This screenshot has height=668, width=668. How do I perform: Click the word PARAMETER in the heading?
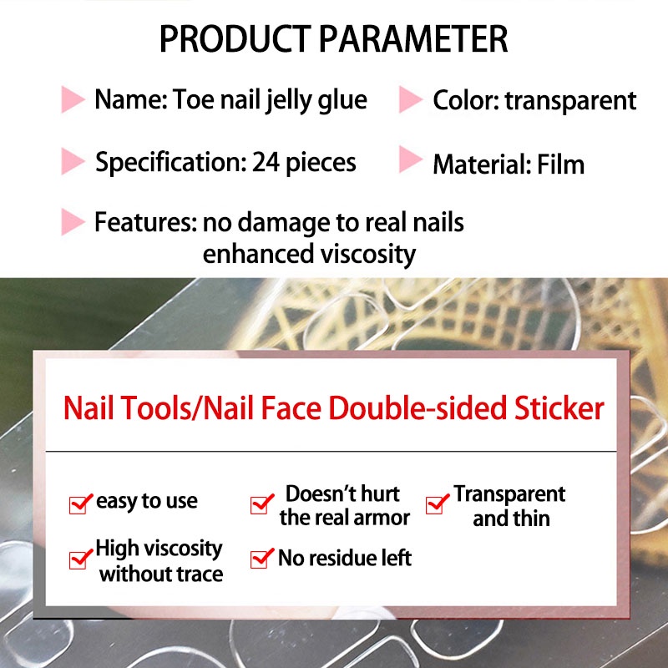click(x=413, y=39)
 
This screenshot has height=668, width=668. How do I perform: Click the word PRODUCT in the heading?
click(x=235, y=39)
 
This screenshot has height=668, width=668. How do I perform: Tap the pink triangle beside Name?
click(x=73, y=99)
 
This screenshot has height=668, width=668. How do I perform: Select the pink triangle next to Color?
click(x=411, y=99)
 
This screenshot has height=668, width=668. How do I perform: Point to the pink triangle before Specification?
click(x=73, y=161)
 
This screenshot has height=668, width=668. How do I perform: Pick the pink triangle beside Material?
click(x=411, y=159)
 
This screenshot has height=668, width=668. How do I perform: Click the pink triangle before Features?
click(x=73, y=221)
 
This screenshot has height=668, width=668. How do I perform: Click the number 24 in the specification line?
click(x=266, y=162)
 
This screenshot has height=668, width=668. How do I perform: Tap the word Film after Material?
click(x=560, y=164)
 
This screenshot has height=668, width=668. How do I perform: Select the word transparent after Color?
click(x=571, y=101)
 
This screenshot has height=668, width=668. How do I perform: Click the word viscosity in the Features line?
click(x=368, y=255)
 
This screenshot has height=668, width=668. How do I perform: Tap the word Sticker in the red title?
click(x=559, y=408)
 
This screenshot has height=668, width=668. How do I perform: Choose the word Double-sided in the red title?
click(x=418, y=408)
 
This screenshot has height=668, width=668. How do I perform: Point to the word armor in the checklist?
click(x=382, y=519)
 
